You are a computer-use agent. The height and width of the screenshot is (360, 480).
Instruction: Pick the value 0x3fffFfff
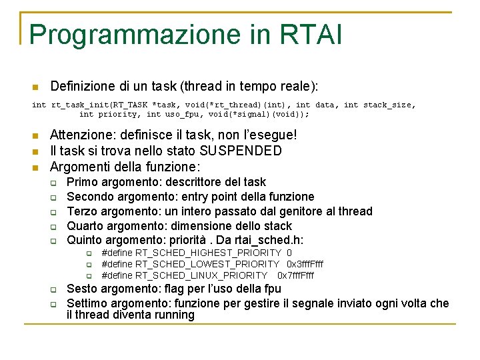(x=305, y=264)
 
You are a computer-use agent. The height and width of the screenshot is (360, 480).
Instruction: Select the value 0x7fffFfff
(x=295, y=275)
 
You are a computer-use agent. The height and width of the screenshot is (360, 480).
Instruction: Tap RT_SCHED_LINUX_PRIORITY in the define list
(x=201, y=275)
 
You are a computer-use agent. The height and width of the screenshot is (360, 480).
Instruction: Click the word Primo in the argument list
(x=83, y=182)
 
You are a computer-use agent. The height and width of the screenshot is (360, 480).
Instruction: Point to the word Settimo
(x=87, y=303)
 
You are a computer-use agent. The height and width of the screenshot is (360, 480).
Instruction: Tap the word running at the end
(x=173, y=315)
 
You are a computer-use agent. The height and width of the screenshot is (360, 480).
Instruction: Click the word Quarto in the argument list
(x=86, y=226)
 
